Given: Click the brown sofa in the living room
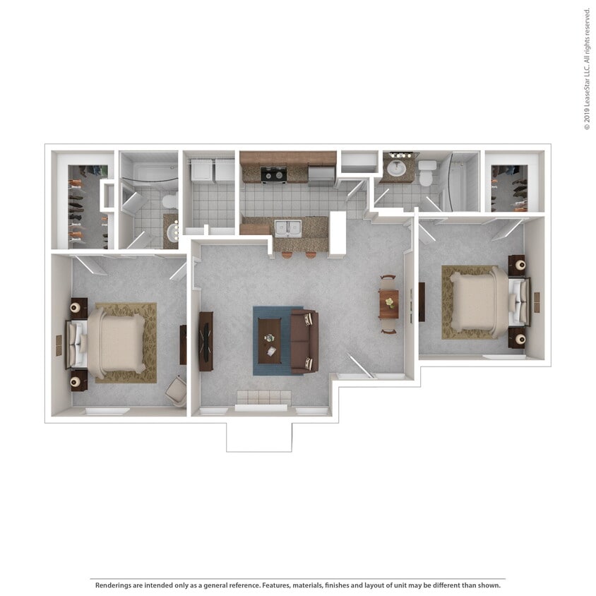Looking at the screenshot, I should (x=304, y=341).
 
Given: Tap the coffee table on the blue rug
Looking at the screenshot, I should (x=269, y=340).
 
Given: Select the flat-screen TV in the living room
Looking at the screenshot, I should (x=205, y=341).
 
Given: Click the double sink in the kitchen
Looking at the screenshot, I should (x=287, y=227).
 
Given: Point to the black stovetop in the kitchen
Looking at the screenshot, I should (x=273, y=174).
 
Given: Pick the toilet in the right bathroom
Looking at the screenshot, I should (x=427, y=172).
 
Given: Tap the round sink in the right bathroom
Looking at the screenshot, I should (x=396, y=168).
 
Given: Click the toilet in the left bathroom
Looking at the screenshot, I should (x=169, y=201).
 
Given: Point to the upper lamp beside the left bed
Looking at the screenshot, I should (x=74, y=308).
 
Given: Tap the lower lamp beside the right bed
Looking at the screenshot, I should (x=520, y=339).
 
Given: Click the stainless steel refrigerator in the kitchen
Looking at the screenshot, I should (x=321, y=175).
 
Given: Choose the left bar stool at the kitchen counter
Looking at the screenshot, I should (x=287, y=254).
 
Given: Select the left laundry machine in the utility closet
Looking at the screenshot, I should (x=201, y=170).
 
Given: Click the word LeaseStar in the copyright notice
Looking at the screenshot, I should (x=587, y=84).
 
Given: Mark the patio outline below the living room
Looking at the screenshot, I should (x=258, y=437).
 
